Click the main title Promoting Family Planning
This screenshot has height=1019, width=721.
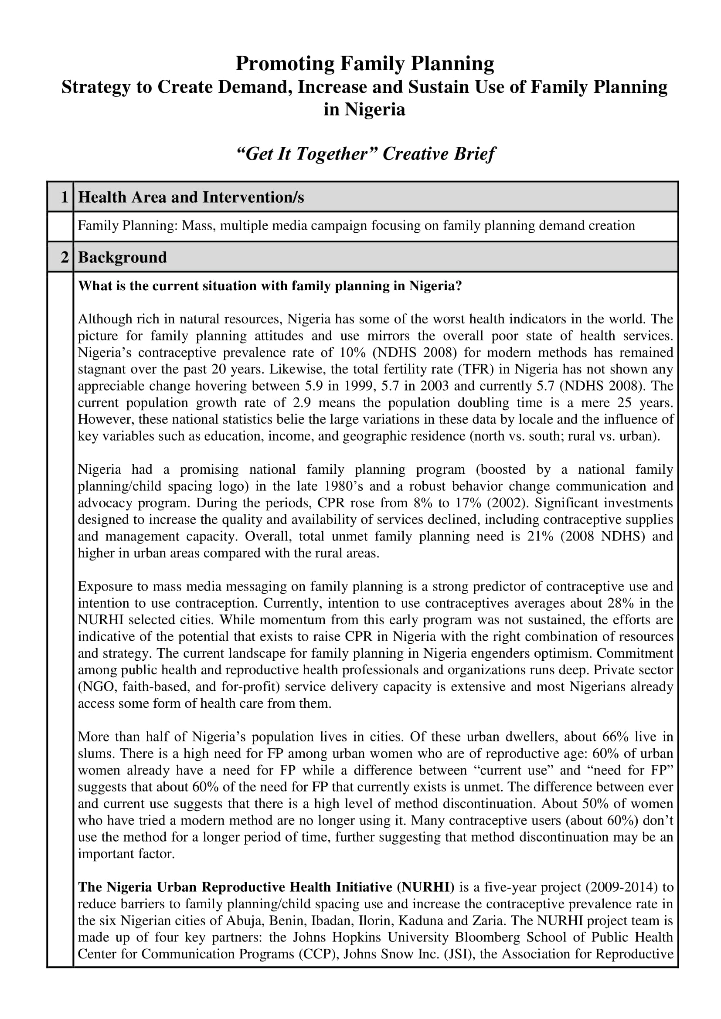pyautogui.click(x=364, y=64)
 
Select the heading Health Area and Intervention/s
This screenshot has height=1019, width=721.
pyautogui.click(x=191, y=197)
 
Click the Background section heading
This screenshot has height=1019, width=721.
pyautogui.click(x=122, y=257)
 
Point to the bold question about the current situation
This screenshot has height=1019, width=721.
pyautogui.click(x=270, y=286)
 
